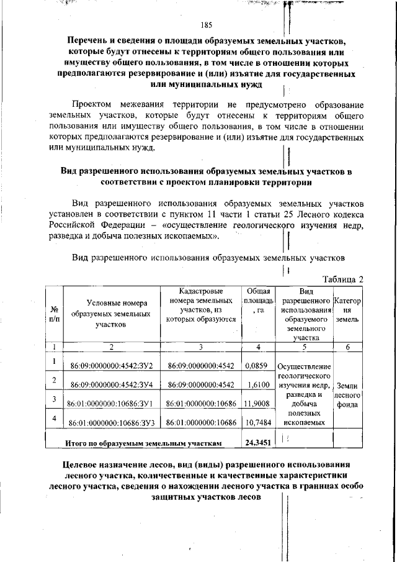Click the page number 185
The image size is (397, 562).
[207, 25]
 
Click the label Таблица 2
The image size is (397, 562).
[343, 279]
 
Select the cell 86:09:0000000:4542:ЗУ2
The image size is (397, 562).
[112, 366]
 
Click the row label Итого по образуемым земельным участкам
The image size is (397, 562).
[143, 443]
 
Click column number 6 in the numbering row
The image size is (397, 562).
[347, 347]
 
